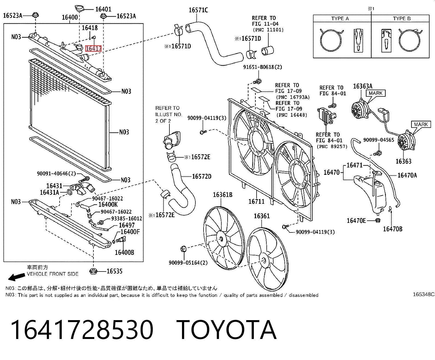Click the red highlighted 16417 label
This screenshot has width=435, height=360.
pos(93,49)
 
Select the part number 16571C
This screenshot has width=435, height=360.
pos(198,10)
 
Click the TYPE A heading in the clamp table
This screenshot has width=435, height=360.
pos(340,19)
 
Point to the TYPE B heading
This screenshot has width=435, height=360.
pos(402,19)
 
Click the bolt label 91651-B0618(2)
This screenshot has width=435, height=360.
pos(263,67)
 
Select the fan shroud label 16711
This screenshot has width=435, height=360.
pos(256,202)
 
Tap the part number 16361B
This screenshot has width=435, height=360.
pos(222,195)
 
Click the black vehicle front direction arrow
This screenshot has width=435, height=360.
pos(16,277)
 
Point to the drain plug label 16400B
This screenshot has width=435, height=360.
pos(124,252)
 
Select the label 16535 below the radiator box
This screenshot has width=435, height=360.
pos(114,271)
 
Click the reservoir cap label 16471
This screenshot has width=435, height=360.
pos(355,165)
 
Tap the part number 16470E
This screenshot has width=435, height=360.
pos(356,221)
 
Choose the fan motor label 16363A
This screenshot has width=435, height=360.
pos(363,86)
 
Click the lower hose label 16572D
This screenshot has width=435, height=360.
pos(202,176)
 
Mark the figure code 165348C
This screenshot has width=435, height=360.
pos(424,294)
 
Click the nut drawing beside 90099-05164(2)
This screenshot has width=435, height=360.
pos(183,249)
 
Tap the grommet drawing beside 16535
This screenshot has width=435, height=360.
pos(93,271)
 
